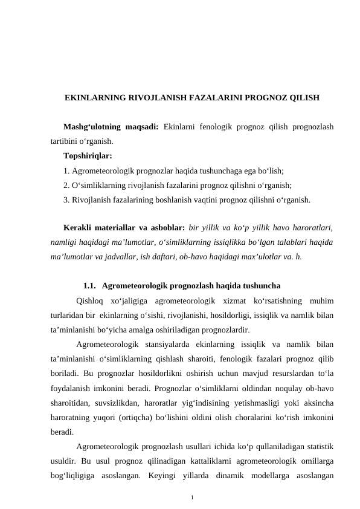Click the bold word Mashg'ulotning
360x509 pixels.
tap(89, 128)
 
